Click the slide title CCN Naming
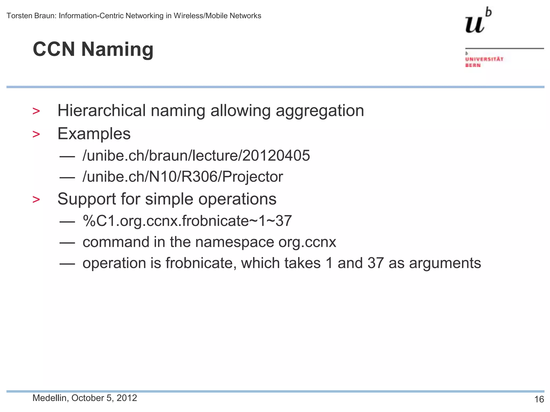(93, 49)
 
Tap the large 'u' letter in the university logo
(475, 24)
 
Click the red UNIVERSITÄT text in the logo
(484, 59)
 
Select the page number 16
(539, 399)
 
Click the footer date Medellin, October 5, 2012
(85, 398)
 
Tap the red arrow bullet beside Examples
(36, 134)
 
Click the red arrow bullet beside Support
(36, 200)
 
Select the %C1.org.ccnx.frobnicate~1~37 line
(187, 221)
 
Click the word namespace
(234, 242)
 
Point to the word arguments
(445, 263)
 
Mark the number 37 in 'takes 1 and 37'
(375, 263)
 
